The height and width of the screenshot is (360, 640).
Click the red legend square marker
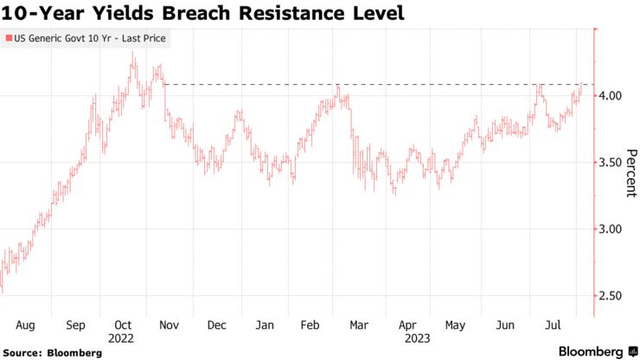tap(8, 39)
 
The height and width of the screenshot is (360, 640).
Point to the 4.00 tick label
tap(611, 95)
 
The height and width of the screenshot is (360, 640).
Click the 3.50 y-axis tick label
tap(611, 162)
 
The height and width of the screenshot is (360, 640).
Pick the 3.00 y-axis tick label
tap(611, 229)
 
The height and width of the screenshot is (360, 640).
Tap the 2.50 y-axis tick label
tap(611, 296)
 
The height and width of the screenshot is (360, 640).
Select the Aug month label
tap(24, 325)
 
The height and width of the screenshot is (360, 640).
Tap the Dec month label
tap(216, 325)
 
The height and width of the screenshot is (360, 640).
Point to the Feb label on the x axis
tap(311, 325)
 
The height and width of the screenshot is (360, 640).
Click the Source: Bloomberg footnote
tap(53, 353)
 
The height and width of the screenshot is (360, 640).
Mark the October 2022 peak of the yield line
tap(132, 53)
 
